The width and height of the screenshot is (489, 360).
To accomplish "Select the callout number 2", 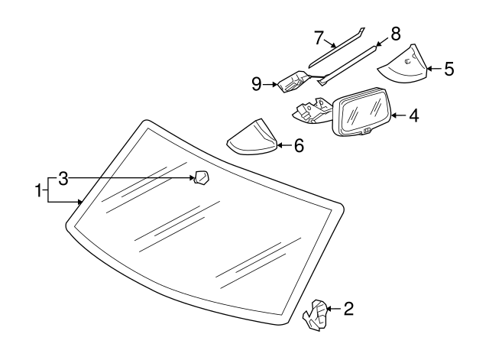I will [x=348, y=309].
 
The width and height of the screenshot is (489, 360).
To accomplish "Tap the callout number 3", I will [x=63, y=179].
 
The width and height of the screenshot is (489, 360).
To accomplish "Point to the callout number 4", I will [x=413, y=117].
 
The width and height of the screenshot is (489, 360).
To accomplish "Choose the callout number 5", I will [x=449, y=69].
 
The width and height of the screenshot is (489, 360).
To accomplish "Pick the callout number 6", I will [x=298, y=144].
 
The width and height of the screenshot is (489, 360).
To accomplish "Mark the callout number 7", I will [x=319, y=36].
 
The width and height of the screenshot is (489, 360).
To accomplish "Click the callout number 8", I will [x=395, y=34].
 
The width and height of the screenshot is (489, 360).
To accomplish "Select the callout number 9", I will [x=257, y=83].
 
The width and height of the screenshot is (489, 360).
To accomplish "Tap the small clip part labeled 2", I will [x=316, y=316].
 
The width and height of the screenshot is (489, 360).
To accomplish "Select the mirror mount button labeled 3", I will [x=202, y=178].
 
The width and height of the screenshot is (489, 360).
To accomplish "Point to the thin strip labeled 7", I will [x=335, y=50].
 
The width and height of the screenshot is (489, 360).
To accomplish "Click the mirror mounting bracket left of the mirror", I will [x=311, y=112].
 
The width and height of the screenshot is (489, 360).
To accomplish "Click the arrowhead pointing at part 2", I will [x=331, y=309].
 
